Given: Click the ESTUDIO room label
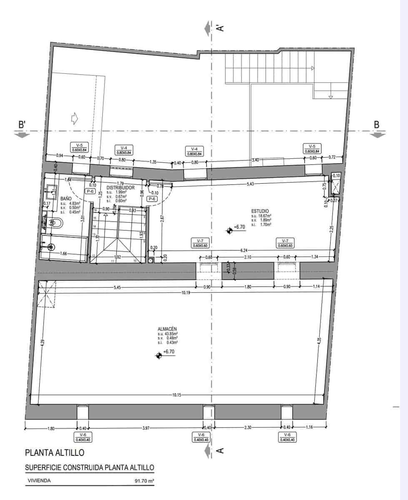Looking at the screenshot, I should coord(260,211).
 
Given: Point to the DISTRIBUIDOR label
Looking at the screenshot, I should coord(120,187).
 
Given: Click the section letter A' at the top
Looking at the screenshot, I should coord(221,28).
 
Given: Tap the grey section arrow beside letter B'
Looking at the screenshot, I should coord(22,134).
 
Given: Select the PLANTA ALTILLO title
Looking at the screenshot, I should coord(55,452).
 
